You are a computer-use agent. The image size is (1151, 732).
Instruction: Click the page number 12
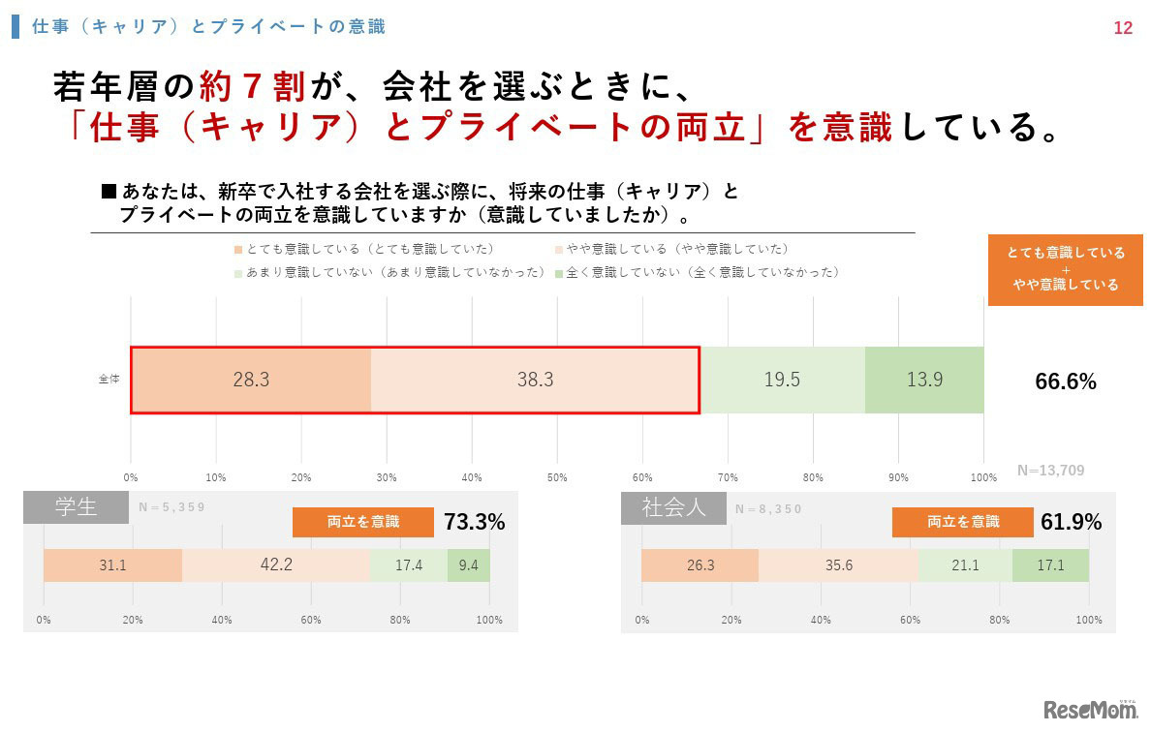tap(1122, 28)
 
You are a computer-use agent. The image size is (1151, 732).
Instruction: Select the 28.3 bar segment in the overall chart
tap(251, 381)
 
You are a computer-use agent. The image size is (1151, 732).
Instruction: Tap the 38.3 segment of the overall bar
tap(535, 381)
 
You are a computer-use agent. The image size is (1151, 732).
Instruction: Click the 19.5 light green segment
tap(782, 381)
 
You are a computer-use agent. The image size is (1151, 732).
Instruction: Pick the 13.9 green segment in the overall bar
tap(924, 381)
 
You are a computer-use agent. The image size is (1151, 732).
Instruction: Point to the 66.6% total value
tap(1066, 382)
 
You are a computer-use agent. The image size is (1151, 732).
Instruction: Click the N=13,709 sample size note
tap(1050, 471)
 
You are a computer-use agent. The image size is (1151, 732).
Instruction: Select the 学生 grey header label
tap(76, 506)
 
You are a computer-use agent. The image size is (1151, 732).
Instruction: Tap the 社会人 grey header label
tap(673, 506)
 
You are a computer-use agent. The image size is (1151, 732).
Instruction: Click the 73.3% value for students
tap(475, 523)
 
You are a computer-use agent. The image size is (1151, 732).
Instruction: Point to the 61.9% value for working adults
tap(1072, 523)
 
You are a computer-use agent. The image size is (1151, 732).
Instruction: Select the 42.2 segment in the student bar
tap(276, 564)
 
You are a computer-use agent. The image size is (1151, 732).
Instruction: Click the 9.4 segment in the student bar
tap(468, 564)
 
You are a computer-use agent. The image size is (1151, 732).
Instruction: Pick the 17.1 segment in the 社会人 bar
tap(1050, 564)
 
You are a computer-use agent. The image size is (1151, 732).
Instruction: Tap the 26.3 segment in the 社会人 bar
tap(700, 564)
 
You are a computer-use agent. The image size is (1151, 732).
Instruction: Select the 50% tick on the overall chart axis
tap(557, 477)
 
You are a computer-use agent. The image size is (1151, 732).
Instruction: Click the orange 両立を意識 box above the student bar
tap(363, 522)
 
